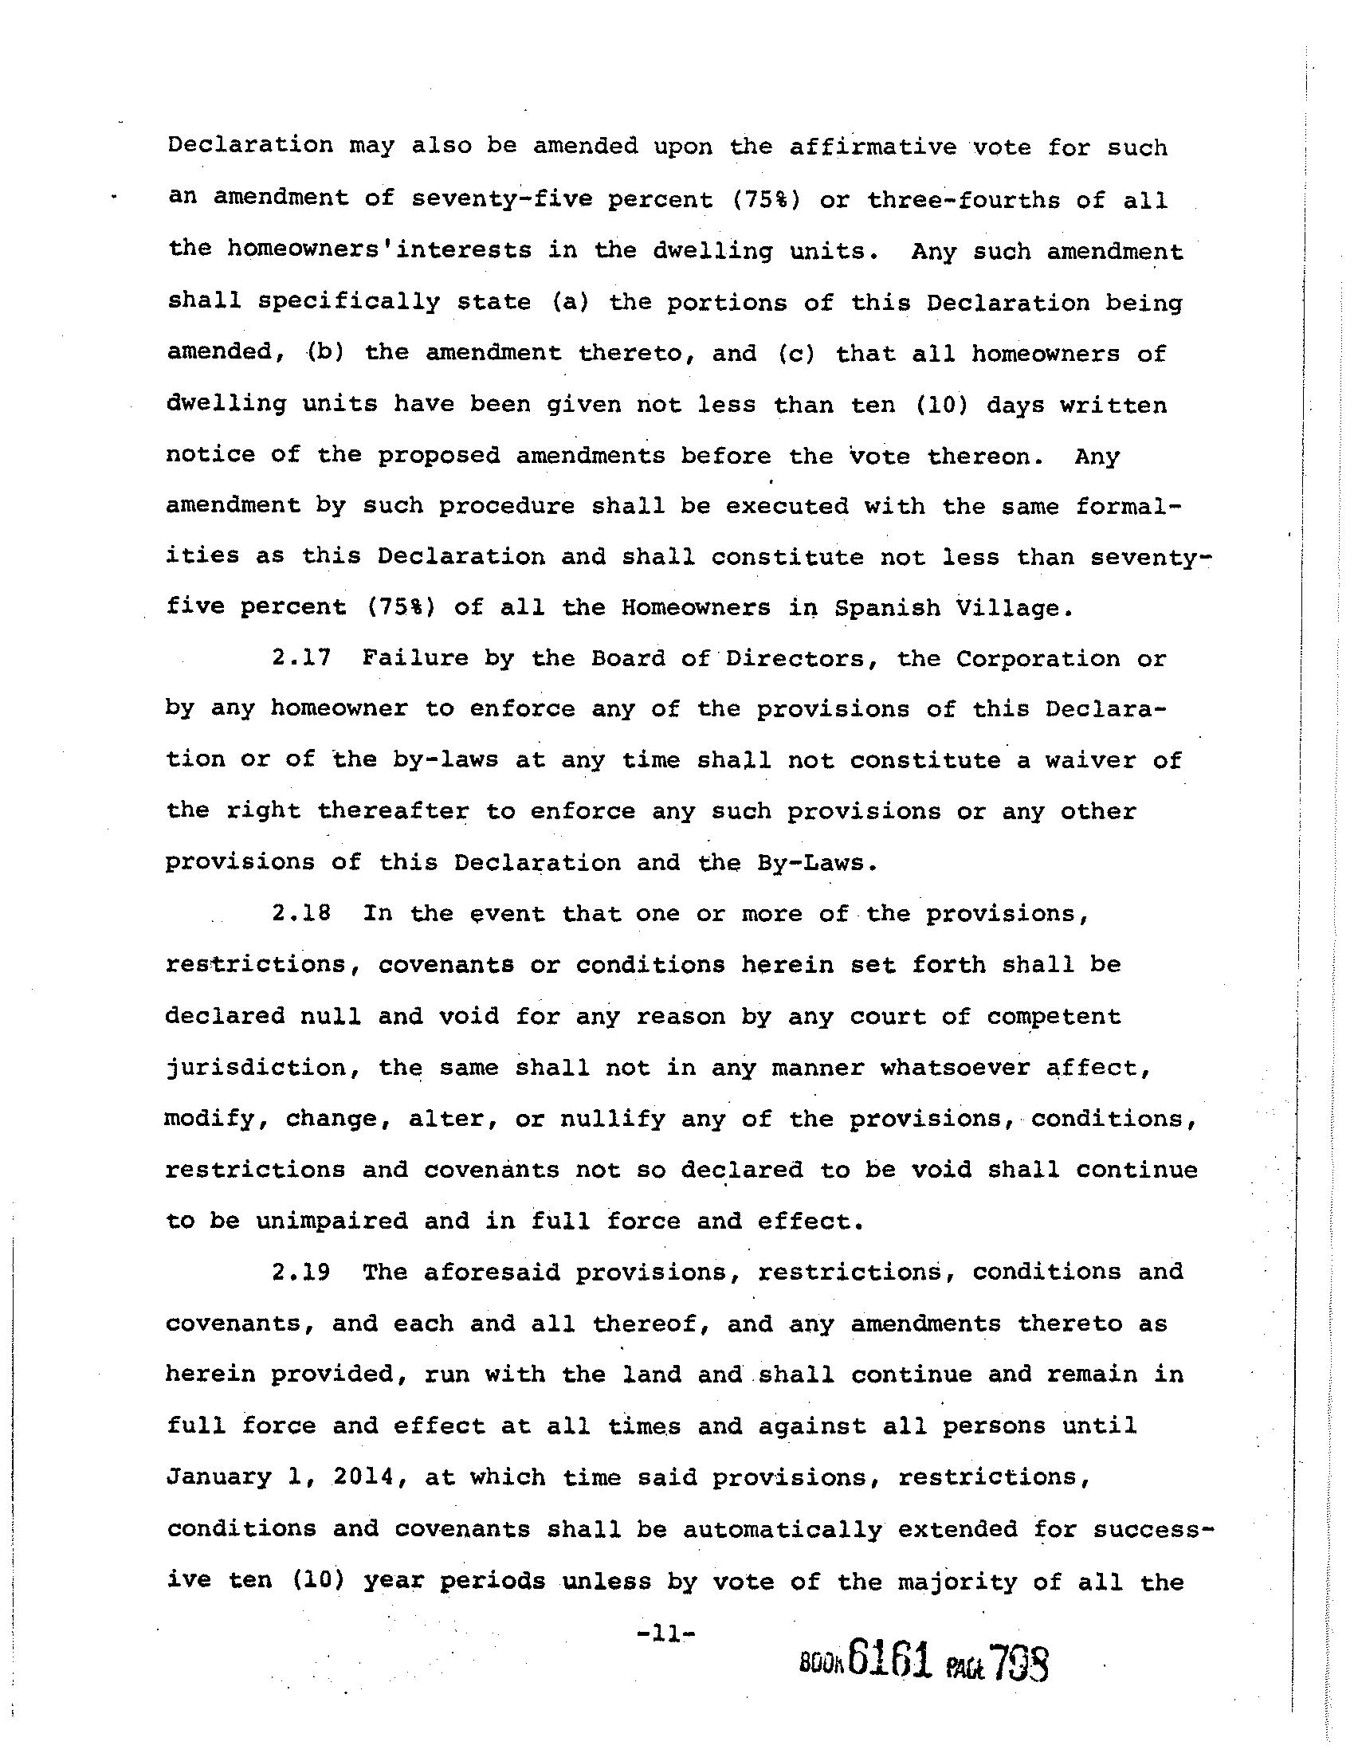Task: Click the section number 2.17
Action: pyautogui.click(x=301, y=658)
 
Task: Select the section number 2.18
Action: pyautogui.click(x=301, y=913)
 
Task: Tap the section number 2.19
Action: pyautogui.click(x=301, y=1273)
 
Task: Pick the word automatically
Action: pyautogui.click(x=783, y=1529)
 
